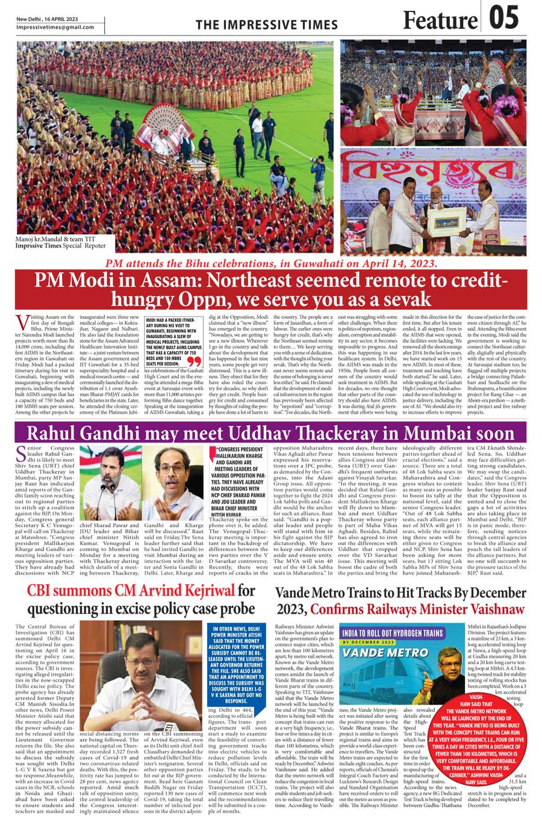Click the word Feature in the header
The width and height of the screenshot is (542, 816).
coord(440,20)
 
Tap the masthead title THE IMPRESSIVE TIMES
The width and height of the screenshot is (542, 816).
coord(266,25)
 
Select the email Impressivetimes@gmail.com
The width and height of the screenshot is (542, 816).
coord(55,27)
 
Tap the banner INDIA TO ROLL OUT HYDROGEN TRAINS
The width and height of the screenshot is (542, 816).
coord(392,633)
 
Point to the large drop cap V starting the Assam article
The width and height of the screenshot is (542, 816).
coord(22,322)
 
